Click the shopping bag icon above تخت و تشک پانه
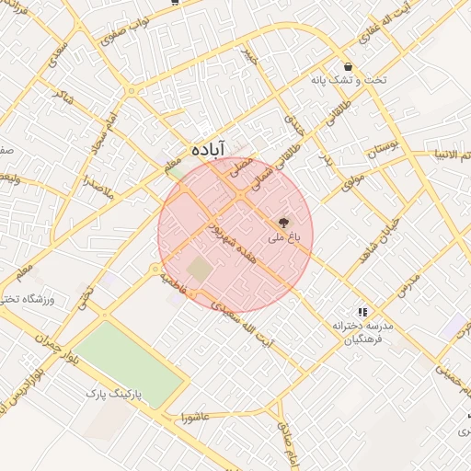coord(349,66)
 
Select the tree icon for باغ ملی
coord(282,222)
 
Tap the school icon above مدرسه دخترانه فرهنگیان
coord(363,312)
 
